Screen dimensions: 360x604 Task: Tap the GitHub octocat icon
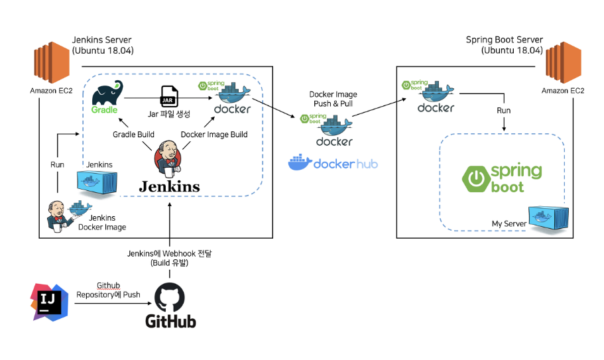(171, 298)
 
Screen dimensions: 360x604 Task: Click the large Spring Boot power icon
(475, 178)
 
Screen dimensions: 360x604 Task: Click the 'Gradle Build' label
(132, 135)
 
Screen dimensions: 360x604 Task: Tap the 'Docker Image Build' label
(214, 135)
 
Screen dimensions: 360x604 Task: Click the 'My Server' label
(509, 224)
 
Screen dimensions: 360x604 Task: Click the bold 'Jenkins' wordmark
(169, 186)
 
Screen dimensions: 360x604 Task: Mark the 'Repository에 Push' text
(108, 294)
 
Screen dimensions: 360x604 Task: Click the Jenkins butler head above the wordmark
(168, 156)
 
